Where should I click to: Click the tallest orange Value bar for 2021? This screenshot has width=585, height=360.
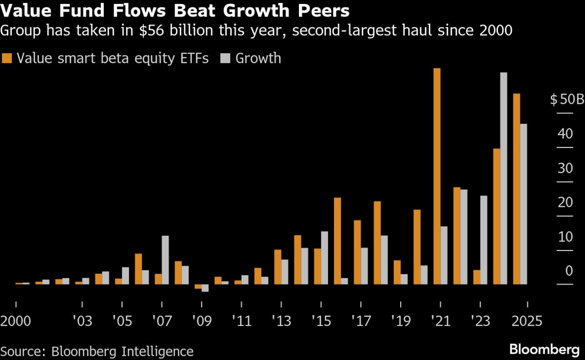[437, 176]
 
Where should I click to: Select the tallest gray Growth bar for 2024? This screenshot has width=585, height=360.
[504, 178]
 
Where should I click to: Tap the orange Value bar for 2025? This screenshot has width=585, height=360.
[517, 189]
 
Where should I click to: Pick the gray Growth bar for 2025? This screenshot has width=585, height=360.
[524, 204]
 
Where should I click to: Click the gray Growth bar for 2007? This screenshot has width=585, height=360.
[165, 260]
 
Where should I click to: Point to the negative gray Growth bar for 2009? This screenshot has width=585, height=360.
[205, 287]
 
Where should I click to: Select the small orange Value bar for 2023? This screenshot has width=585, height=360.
[477, 277]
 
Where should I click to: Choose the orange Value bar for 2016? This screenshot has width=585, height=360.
[337, 241]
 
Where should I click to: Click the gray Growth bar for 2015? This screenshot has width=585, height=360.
[324, 257]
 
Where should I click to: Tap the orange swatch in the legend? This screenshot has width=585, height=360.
[7, 58]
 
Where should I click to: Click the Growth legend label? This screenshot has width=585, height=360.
[258, 58]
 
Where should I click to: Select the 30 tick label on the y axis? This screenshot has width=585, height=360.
[565, 169]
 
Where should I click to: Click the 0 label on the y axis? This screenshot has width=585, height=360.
[569, 271]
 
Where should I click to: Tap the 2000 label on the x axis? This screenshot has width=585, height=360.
[16, 322]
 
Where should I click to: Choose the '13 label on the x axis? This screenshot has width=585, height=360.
[281, 322]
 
